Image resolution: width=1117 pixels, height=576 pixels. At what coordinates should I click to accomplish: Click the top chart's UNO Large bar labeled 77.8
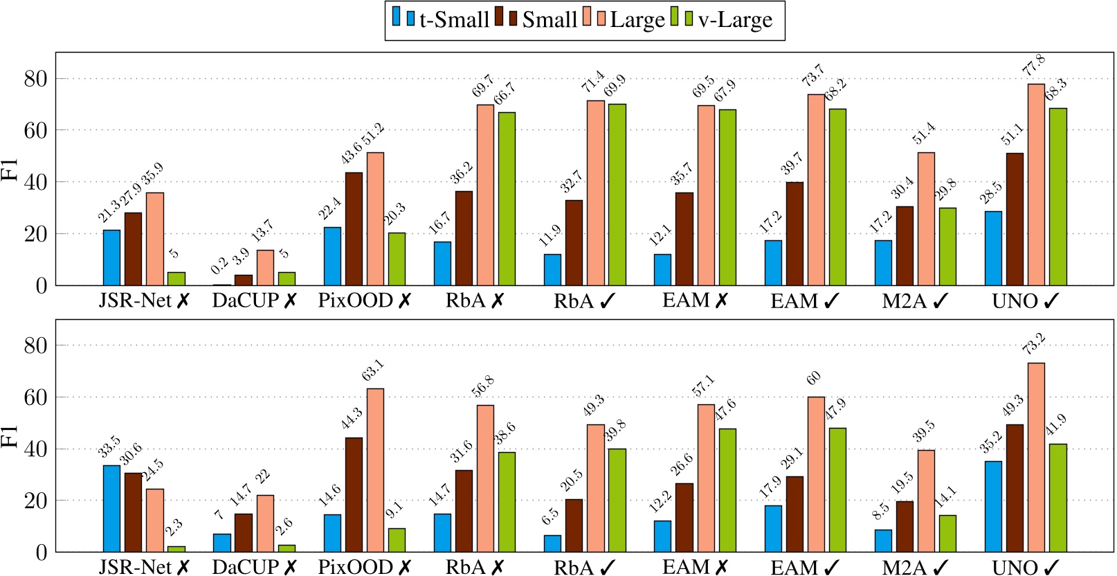1036,184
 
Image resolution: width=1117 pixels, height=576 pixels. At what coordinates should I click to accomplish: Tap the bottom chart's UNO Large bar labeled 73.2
1036,457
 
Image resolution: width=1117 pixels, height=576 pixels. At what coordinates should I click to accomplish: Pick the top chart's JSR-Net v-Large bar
176,278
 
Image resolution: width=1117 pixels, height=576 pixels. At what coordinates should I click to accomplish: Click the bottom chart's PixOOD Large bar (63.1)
375,470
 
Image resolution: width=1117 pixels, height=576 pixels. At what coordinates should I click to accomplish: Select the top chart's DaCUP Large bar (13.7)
265,267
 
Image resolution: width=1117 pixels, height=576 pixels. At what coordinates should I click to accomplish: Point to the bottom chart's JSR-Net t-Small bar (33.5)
111,508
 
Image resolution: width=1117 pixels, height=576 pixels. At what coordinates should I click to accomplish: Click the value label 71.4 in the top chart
593,80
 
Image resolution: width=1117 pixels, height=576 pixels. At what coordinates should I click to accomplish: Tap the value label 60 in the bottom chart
814,377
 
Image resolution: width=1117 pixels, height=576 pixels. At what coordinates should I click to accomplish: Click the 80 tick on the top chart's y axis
35,79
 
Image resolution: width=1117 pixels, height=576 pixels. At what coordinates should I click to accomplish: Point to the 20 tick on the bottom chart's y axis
35,501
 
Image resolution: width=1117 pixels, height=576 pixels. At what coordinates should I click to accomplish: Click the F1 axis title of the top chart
10,169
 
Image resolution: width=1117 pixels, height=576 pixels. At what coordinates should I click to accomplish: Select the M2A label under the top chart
905,301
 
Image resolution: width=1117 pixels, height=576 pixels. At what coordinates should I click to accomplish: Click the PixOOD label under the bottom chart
355,568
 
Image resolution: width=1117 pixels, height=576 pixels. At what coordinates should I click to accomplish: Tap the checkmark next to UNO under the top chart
1051,301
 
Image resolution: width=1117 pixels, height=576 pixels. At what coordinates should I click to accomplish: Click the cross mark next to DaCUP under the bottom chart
290,568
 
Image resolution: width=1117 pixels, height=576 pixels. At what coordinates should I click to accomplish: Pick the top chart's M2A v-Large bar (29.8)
947,246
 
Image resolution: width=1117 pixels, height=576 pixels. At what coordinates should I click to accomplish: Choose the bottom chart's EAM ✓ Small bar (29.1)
794,514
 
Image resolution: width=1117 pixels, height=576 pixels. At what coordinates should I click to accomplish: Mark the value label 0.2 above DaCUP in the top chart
219,265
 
